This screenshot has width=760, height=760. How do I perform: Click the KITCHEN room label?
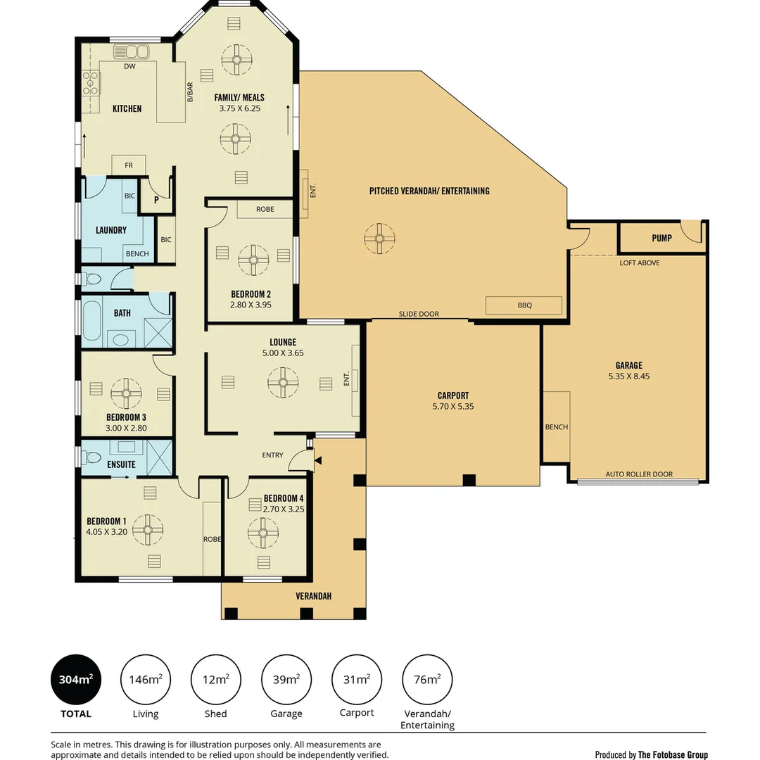click(127, 108)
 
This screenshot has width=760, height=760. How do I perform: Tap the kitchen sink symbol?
click(131, 51)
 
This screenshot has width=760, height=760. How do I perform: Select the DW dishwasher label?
click(130, 66)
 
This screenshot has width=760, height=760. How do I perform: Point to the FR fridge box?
click(129, 165)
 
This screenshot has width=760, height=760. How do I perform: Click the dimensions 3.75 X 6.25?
click(239, 108)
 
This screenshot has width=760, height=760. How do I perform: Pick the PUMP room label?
click(661, 238)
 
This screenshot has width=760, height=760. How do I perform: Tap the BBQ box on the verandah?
click(524, 305)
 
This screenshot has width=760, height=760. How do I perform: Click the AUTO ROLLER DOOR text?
click(639, 474)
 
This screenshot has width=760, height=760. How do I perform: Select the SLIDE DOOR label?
click(419, 314)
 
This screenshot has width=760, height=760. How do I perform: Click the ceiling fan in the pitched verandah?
click(379, 239)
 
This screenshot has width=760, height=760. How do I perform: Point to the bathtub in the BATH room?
click(91, 320)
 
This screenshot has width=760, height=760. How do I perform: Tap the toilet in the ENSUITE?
click(91, 457)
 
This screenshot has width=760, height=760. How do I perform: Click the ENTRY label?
click(272, 455)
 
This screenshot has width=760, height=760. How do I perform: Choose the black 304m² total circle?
click(76, 680)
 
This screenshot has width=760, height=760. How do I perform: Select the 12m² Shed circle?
click(216, 680)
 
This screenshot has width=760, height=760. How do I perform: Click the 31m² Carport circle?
click(357, 680)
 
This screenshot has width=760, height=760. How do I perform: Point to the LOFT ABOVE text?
click(639, 262)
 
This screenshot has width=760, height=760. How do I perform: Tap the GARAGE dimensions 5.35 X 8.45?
click(628, 376)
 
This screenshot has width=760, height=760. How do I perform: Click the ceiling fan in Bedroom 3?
click(126, 393)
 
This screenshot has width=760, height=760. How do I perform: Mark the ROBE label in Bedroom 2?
click(265, 210)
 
